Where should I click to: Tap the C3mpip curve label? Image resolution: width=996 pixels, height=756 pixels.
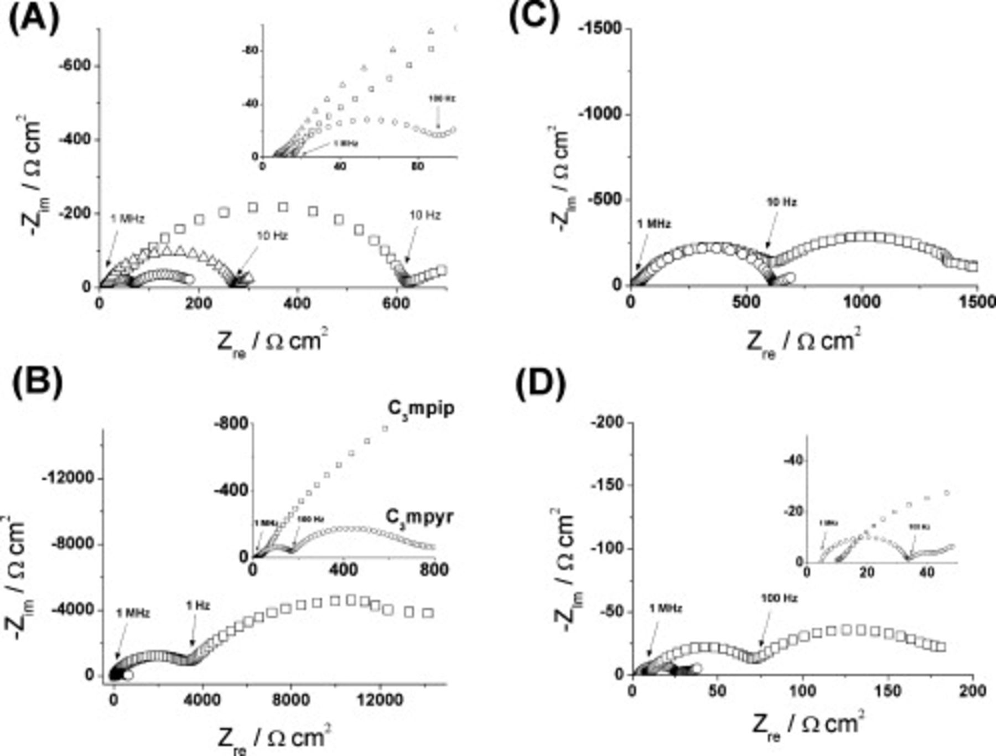coord(420,408)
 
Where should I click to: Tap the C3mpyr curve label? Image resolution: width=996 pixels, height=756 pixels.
coord(419,517)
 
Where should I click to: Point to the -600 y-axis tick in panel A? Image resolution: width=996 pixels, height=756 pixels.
coord(74,66)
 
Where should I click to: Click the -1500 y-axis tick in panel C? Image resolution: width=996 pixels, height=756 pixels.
coord(600,29)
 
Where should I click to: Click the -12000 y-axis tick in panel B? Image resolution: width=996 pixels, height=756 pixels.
coord(68,478)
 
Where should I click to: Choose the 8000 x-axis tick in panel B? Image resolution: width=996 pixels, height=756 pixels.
coord(290,700)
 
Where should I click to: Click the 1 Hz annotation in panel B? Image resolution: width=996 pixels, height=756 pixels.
coord(198,606)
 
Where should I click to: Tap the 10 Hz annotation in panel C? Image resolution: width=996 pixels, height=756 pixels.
coord(781,203)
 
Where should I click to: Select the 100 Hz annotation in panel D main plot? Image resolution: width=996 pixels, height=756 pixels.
coord(779,598)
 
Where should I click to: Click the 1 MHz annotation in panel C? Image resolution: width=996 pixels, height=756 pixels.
coord(653,224)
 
